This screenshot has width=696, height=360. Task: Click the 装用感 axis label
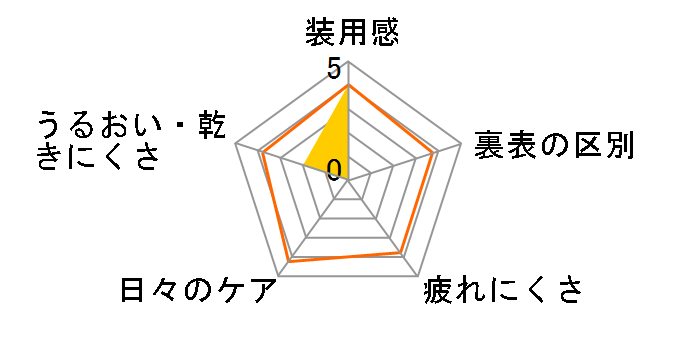351,34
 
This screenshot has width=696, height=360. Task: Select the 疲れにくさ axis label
501,291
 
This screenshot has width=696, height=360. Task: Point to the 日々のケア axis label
197,291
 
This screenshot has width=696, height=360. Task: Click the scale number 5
334,70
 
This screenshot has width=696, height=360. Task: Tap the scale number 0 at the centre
334,167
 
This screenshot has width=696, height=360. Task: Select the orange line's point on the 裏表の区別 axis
433,152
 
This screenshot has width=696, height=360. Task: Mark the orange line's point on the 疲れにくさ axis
400,252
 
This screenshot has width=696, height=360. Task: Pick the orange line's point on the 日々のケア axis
290,261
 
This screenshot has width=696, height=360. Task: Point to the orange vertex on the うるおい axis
260,152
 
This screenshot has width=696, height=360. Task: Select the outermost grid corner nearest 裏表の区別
459,144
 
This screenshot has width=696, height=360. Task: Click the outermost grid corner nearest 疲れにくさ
416,275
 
